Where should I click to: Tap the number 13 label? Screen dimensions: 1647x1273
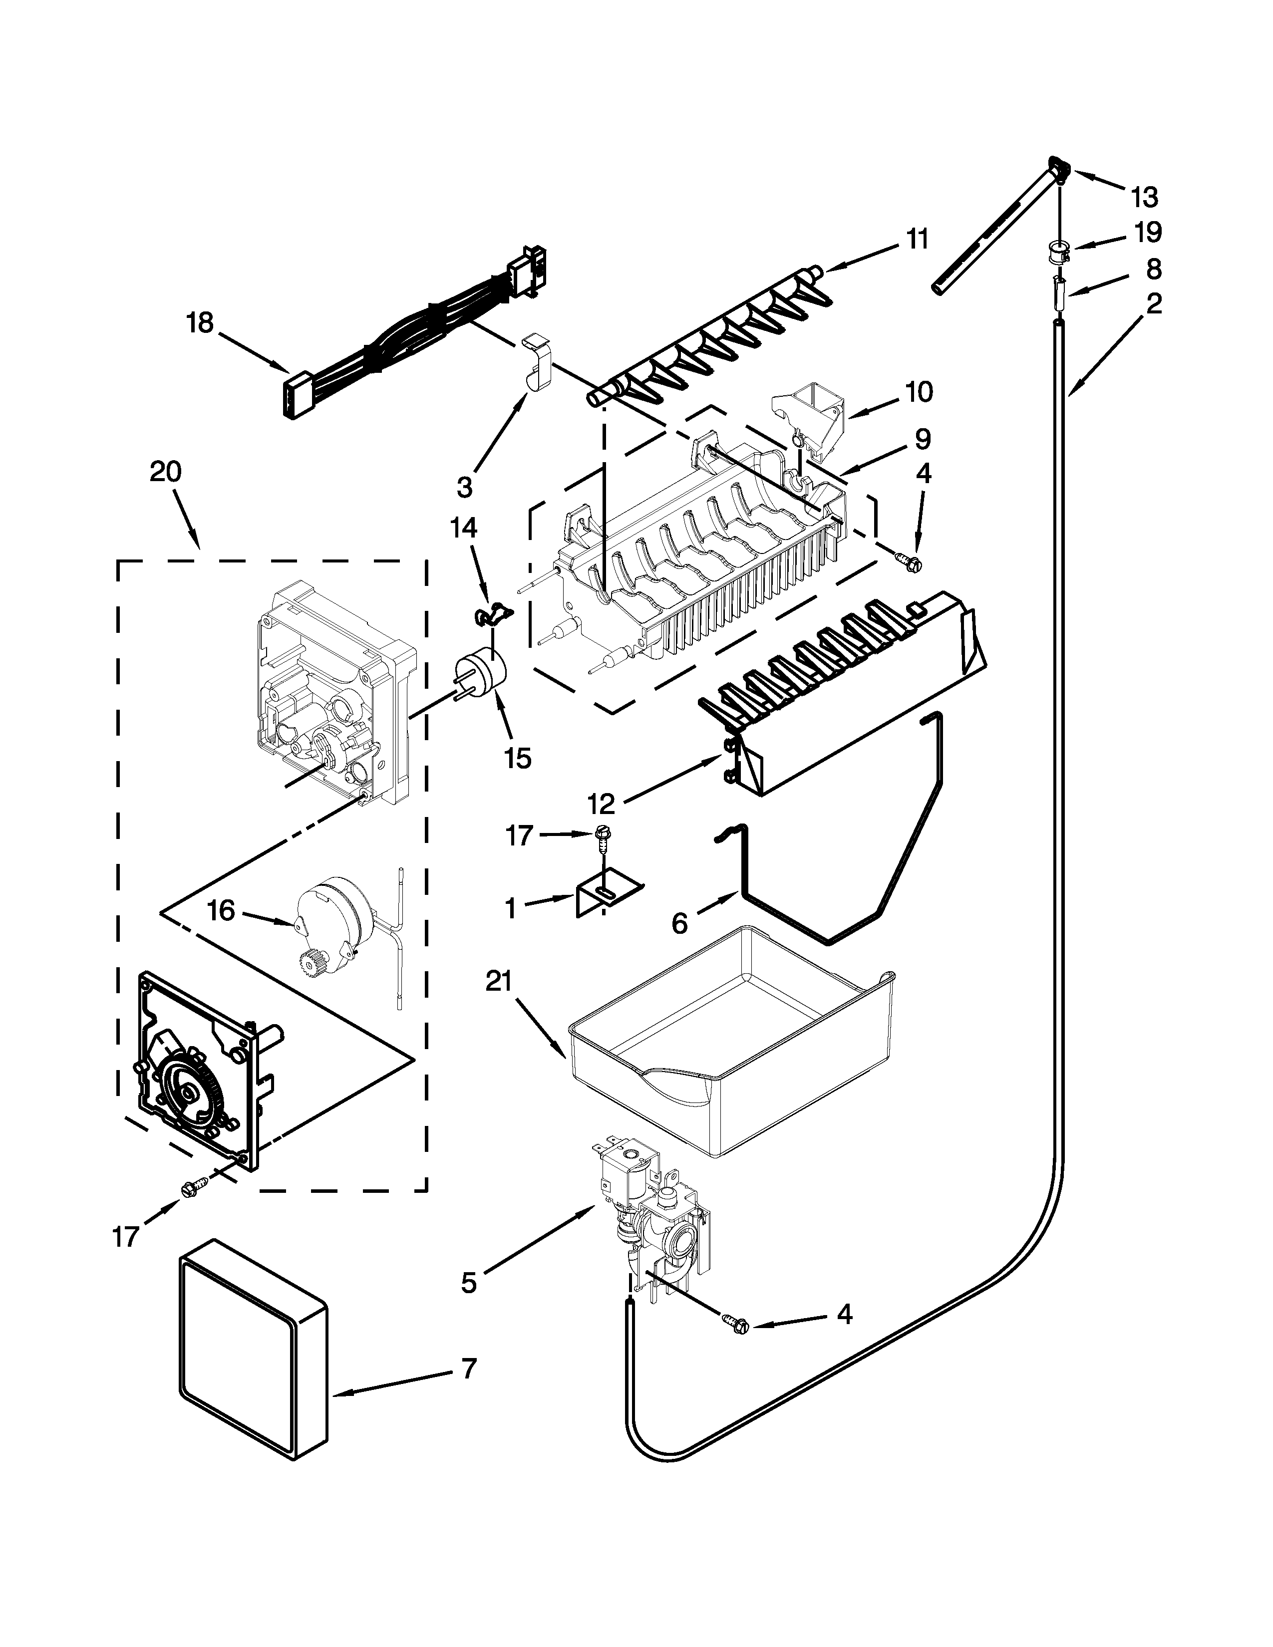click(x=1144, y=198)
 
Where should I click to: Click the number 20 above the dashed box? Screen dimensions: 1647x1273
click(x=165, y=472)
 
